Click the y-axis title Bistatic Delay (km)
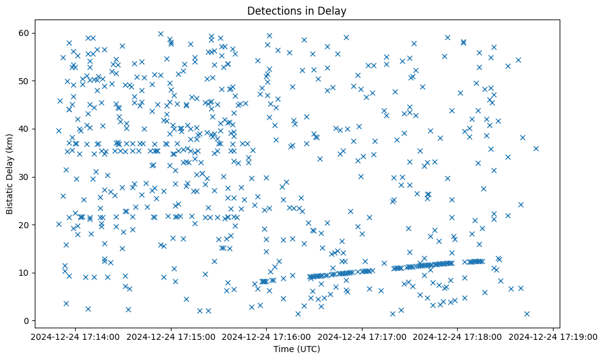click(10, 175)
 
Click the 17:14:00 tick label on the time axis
click(75, 336)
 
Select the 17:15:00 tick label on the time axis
click(171, 336)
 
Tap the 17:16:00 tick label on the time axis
click(267, 336)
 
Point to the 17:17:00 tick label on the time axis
click(363, 336)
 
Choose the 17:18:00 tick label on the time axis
click(458, 336)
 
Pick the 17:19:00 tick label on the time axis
click(554, 336)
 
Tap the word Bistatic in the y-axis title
click(10, 194)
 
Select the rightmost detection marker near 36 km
click(536, 148)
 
